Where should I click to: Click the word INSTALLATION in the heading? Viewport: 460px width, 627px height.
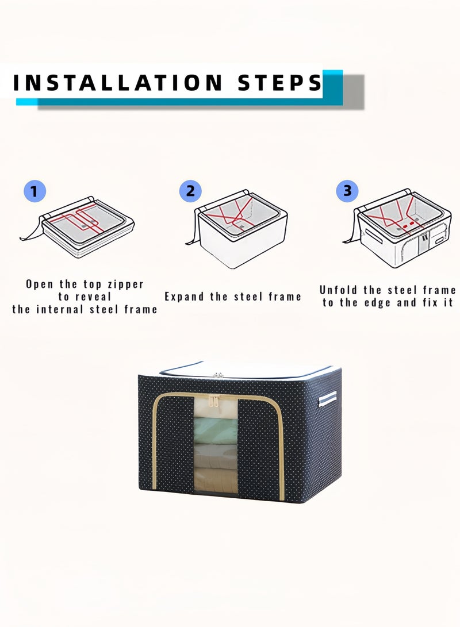[118, 82]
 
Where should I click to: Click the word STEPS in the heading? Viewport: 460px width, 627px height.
[279, 82]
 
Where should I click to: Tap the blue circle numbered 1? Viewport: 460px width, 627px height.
[35, 191]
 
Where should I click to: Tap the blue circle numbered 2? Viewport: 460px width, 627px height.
[190, 191]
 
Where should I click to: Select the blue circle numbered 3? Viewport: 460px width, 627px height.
[347, 190]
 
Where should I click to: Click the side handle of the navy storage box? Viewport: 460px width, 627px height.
[328, 399]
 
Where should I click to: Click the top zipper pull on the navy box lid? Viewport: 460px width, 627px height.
[218, 375]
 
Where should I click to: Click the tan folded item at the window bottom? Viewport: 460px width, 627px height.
[216, 479]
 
